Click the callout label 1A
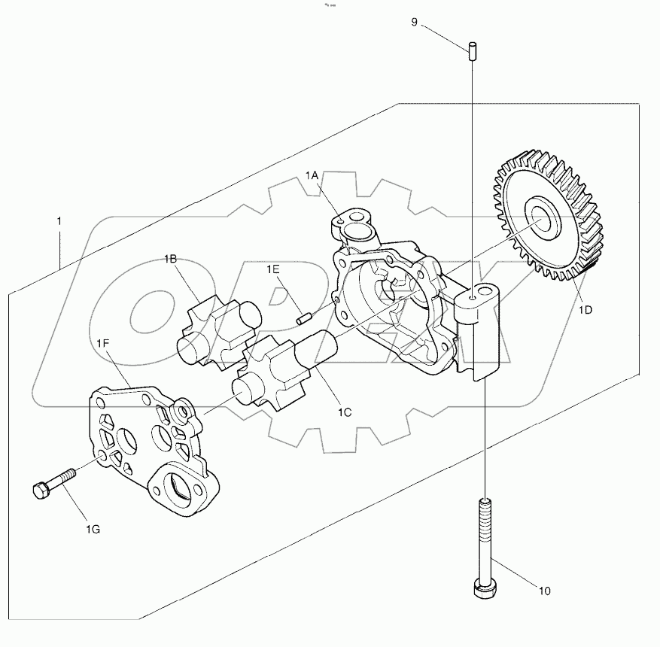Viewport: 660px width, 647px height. click(x=313, y=175)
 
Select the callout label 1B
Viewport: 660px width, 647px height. click(x=171, y=260)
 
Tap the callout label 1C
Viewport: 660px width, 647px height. click(x=345, y=412)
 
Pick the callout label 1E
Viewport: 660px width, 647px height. click(x=272, y=269)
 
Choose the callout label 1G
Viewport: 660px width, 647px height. click(x=93, y=530)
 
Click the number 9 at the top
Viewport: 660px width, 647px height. click(x=414, y=23)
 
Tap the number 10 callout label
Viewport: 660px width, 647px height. click(x=545, y=591)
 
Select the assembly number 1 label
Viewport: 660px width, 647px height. click(x=59, y=222)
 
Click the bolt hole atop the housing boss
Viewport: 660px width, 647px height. click(x=473, y=298)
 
